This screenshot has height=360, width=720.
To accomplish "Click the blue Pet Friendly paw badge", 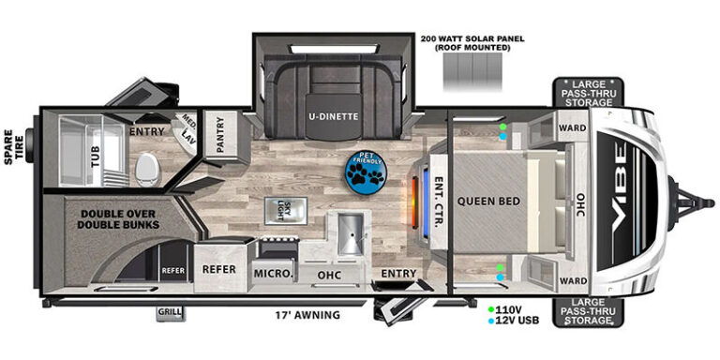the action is click(x=366, y=173).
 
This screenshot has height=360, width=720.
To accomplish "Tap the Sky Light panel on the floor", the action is click(x=286, y=211).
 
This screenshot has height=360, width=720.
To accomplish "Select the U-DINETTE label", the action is click(x=334, y=116).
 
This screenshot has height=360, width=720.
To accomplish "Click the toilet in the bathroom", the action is click(x=147, y=169).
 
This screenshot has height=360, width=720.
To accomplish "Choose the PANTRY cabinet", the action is click(x=220, y=136).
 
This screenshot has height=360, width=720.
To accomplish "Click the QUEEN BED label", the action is click(x=488, y=202).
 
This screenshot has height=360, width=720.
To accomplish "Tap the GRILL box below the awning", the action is click(x=170, y=313).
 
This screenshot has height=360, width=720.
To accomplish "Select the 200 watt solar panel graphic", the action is click(x=472, y=72).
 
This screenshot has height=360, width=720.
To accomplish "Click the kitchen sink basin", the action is click(x=351, y=234).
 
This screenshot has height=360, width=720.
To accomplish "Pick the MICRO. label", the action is click(x=273, y=274).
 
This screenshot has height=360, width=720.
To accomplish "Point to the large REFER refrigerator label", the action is click(x=219, y=269).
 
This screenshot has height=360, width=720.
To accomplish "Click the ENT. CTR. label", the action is click(x=438, y=201).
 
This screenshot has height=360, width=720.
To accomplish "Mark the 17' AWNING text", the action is click(x=307, y=315).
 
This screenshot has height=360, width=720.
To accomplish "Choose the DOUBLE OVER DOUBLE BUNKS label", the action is click(x=119, y=219).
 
